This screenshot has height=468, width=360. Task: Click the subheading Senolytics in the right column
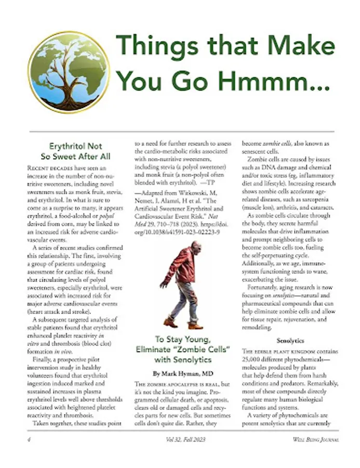tap(290, 341)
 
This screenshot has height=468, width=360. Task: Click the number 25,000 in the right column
tap(255, 359)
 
